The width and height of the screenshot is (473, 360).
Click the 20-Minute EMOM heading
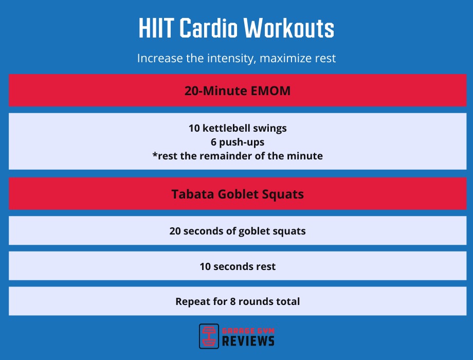pyautogui.click(x=237, y=91)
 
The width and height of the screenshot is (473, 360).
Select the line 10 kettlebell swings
pyautogui.click(x=237, y=128)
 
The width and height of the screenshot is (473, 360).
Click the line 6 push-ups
pyautogui.click(x=237, y=141)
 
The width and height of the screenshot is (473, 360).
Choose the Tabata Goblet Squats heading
pyautogui.click(x=237, y=194)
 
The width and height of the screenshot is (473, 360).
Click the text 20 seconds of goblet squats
pyautogui.click(x=237, y=231)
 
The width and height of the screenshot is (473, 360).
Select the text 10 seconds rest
pyautogui.click(x=237, y=266)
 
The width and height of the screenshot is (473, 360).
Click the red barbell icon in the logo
pyautogui.click(x=209, y=336)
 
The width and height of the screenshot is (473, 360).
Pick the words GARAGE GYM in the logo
pyautogui.click(x=248, y=330)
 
